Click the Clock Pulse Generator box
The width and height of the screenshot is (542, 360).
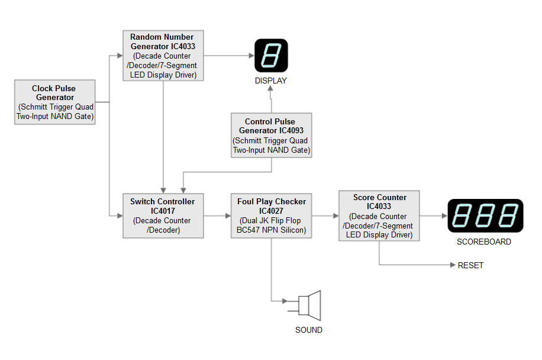(55, 102)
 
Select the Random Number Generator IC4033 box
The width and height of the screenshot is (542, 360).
(163, 56)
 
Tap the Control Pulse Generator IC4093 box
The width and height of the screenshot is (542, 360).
(271, 136)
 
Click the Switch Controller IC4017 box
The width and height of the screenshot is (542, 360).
(163, 216)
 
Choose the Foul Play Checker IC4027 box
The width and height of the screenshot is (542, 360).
(271, 216)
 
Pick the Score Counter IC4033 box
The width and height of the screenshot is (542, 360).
(379, 216)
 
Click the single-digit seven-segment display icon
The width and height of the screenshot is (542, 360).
(271, 56)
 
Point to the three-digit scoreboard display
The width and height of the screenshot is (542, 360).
(485, 216)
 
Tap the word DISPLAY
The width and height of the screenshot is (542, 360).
(271, 81)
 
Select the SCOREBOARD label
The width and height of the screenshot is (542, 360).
(484, 242)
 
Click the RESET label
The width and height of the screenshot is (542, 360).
(470, 265)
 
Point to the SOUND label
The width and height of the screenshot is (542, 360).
(309, 330)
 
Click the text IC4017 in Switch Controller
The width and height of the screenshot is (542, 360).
(163, 211)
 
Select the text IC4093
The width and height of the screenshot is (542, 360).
(296, 131)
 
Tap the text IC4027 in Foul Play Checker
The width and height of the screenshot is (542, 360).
(271, 211)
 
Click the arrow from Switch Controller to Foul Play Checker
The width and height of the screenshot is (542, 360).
(217, 216)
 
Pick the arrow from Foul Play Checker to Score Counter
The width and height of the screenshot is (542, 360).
(325, 216)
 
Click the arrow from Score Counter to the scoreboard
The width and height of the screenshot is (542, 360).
(433, 216)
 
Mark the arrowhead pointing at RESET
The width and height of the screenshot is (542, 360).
(453, 265)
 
